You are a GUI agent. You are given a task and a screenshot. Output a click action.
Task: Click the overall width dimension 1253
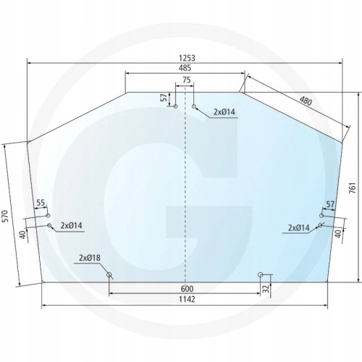pyautogui.click(x=187, y=58)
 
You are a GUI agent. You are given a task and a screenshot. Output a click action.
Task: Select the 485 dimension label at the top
pyautogui.click(x=185, y=68)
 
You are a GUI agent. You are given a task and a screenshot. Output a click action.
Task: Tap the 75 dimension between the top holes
pyautogui.click(x=187, y=80)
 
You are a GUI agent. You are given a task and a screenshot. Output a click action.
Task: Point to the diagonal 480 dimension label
pyautogui.click(x=306, y=101)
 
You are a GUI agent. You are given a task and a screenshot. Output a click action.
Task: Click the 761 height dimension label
pyautogui.click(x=352, y=188)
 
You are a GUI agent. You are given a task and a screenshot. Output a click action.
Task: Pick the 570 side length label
pyautogui.click(x=7, y=216)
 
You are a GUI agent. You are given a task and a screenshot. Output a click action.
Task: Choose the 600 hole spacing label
pyautogui.click(x=187, y=289)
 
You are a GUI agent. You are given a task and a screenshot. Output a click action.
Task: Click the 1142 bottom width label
pyautogui.click(x=187, y=299)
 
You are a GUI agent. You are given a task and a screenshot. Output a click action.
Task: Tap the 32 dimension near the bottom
pyautogui.click(x=266, y=289)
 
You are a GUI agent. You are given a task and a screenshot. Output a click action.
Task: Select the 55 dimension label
pyautogui.click(x=41, y=203)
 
